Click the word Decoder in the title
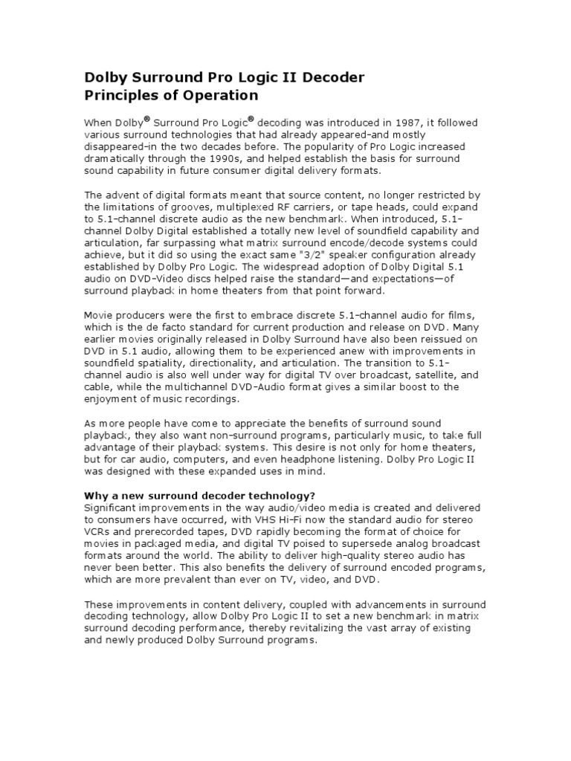pyautogui.click(x=330, y=78)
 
